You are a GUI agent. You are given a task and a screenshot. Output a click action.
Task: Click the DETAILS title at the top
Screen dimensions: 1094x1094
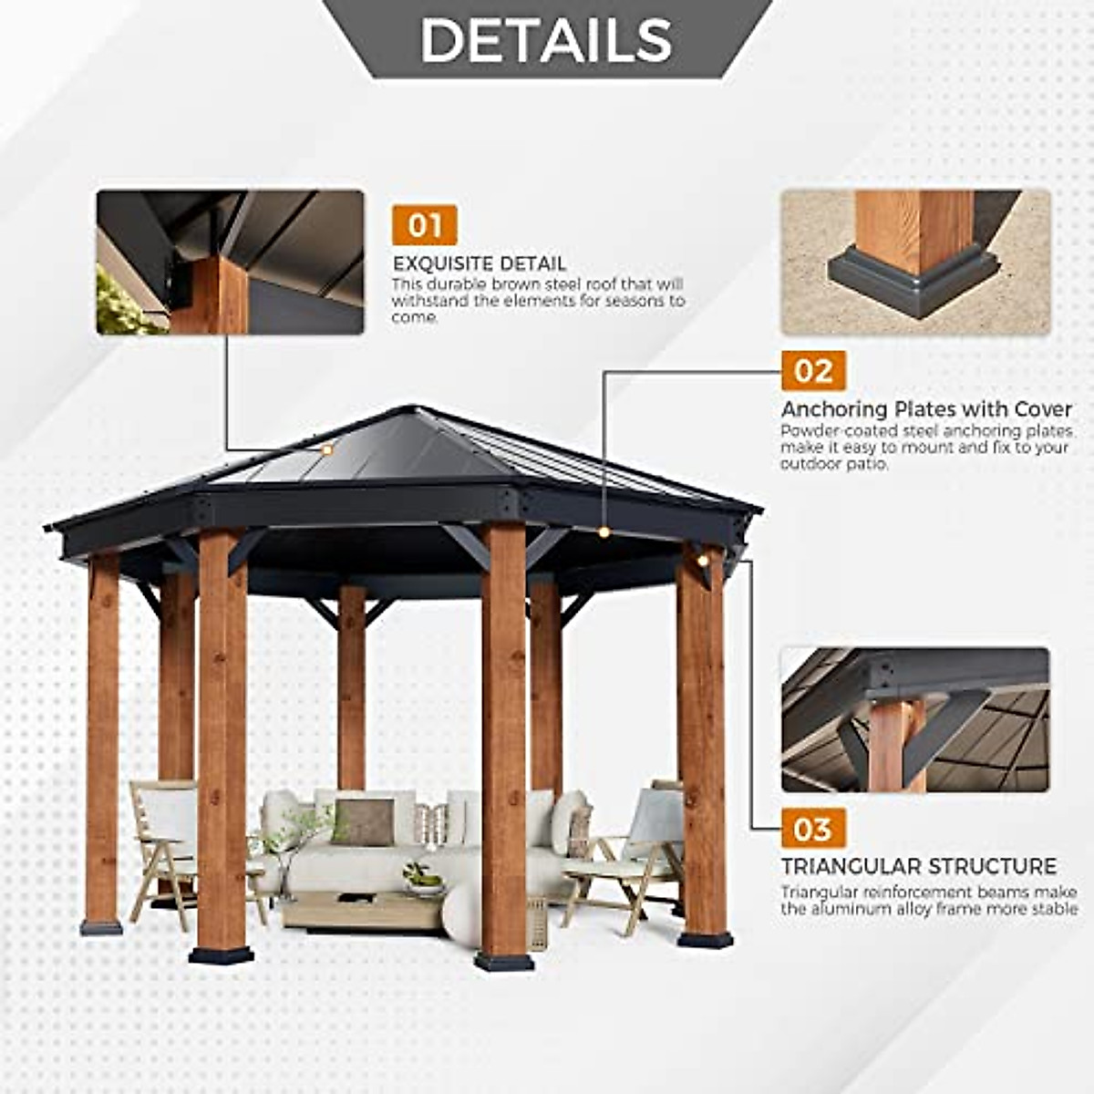[x=546, y=39]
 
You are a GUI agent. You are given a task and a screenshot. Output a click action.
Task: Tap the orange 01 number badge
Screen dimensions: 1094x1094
[x=424, y=225]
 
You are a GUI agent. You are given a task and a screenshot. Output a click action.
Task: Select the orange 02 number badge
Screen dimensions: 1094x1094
[x=813, y=371]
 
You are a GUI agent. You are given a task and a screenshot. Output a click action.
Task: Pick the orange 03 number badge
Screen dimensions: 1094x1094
[x=812, y=829]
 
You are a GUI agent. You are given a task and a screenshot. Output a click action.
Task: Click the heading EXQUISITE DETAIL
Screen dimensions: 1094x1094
[x=480, y=264]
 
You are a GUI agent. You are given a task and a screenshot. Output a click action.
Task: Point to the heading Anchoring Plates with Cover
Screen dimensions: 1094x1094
[x=926, y=409]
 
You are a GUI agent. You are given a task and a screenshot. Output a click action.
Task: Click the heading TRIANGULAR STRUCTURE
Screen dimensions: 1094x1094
[x=919, y=866]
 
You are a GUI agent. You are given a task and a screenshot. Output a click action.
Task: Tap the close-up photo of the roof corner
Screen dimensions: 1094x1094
[x=231, y=262]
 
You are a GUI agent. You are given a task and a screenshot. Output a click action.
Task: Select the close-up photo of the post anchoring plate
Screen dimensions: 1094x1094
[x=915, y=262]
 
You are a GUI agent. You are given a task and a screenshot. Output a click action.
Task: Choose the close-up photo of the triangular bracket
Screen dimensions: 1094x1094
[x=915, y=719]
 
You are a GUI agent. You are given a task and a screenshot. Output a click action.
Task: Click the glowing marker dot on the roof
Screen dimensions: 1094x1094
[x=326, y=449]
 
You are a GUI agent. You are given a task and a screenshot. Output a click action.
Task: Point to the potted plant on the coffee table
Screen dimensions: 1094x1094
[x=421, y=878]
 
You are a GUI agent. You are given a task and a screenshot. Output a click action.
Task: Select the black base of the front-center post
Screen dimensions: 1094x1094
[x=504, y=961]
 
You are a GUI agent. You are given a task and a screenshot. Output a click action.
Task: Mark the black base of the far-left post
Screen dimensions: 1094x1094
[x=101, y=927]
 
